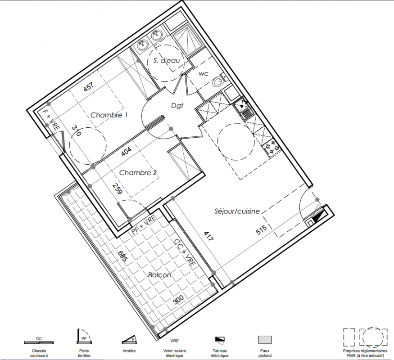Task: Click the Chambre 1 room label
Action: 109,115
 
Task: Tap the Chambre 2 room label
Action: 138,173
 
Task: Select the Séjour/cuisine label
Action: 237,211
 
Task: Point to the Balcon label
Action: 159,275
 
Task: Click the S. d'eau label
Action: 167,60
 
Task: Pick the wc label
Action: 203,74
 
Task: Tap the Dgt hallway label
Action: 177,106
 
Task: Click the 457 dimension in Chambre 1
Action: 89,87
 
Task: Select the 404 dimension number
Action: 126,151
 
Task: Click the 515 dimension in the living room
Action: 261,229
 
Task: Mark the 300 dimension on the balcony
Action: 178,299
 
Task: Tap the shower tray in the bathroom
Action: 188,40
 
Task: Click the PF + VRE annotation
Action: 144,225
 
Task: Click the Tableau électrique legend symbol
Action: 220,339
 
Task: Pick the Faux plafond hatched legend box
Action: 265,340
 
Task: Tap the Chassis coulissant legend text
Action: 39,353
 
